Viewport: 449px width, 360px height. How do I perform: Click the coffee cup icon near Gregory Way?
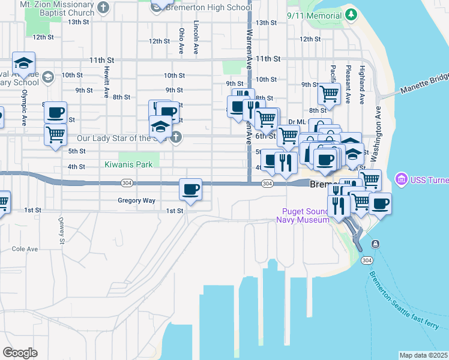pyautogui.click(x=191, y=190)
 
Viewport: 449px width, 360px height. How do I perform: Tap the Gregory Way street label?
pyautogui.click(x=136, y=200)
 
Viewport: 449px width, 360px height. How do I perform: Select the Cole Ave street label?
pyautogui.click(x=25, y=249)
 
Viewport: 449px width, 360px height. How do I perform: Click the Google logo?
pyautogui.click(x=20, y=353)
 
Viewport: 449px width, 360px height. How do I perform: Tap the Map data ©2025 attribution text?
pyautogui.click(x=423, y=355)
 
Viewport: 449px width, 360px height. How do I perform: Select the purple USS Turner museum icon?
pyautogui.click(x=400, y=179)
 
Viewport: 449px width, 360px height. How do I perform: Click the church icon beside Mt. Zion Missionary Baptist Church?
pyautogui.click(x=103, y=8)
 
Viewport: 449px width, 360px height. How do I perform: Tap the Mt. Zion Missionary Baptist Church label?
pyautogui.click(x=57, y=8)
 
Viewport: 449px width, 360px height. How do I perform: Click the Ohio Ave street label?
pyautogui.click(x=181, y=41)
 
